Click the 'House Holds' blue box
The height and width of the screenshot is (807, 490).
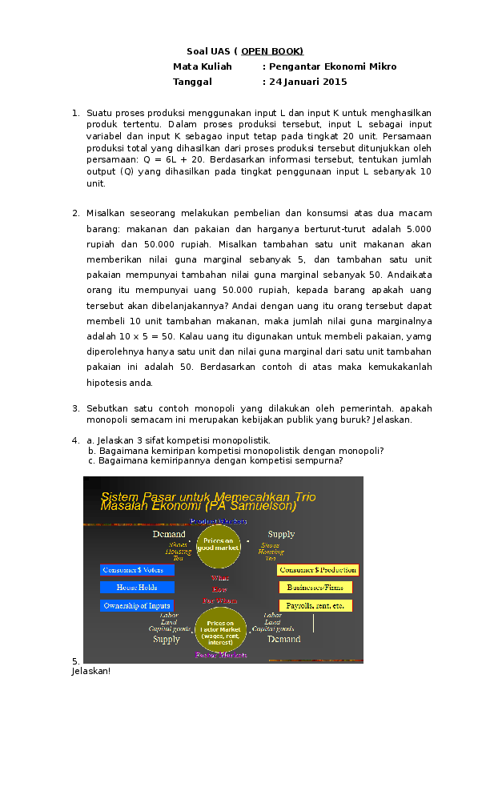[x=137, y=588]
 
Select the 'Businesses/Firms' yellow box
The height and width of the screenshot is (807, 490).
[x=315, y=588]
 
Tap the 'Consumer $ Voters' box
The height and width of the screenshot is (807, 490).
[x=137, y=570]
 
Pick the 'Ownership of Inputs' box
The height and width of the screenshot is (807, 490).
[x=137, y=605]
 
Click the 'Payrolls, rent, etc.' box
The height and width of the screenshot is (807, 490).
[x=315, y=605]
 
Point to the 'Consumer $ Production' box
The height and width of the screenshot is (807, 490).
[x=318, y=570]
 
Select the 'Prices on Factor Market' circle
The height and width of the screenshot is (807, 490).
[x=220, y=631]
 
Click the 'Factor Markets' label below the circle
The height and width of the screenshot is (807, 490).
[x=221, y=655]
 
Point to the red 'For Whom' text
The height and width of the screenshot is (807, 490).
[x=219, y=600]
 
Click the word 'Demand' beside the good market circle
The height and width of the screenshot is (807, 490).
[x=169, y=534]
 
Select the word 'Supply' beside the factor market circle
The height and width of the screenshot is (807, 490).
[x=167, y=640]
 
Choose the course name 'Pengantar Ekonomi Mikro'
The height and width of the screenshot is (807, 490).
[x=332, y=66]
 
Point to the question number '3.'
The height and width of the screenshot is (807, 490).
[x=75, y=408]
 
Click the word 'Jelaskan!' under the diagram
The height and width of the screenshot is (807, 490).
[x=90, y=670]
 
